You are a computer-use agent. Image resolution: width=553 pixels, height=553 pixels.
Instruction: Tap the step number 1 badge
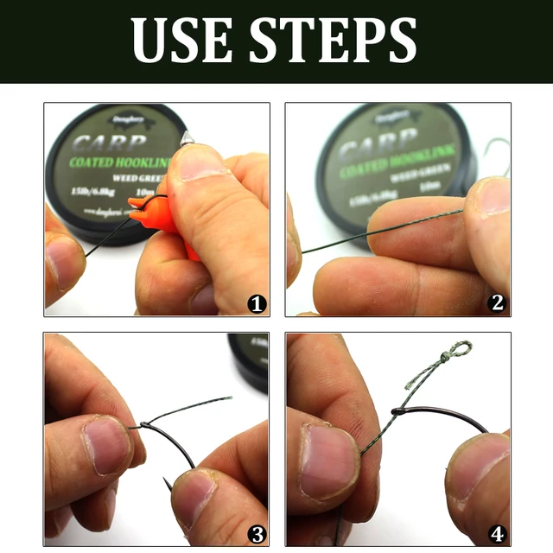tap(257, 303)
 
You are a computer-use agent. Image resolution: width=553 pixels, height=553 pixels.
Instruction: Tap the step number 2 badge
tap(497, 302)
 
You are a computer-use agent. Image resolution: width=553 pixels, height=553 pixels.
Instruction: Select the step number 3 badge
tap(257, 532)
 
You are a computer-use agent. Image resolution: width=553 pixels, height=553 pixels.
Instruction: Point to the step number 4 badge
tap(497, 532)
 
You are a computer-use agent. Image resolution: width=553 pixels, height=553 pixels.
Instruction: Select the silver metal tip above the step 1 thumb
tap(188, 138)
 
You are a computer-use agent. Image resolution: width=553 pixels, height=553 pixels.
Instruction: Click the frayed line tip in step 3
tap(226, 399)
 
